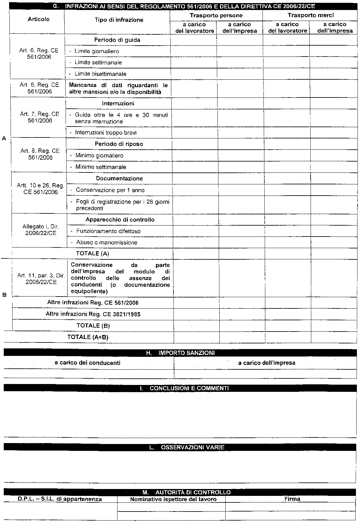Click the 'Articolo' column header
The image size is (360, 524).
click(x=38, y=19)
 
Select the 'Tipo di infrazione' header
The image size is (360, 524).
click(x=119, y=20)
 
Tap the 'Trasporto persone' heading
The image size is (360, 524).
click(x=216, y=15)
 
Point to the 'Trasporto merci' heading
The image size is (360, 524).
click(x=311, y=15)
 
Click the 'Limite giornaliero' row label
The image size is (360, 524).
click(x=97, y=51)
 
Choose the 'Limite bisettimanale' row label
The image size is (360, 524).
click(x=100, y=74)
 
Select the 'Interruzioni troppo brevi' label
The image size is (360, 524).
click(x=106, y=133)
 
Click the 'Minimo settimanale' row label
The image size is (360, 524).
click(x=101, y=167)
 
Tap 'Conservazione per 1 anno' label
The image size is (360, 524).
click(x=110, y=190)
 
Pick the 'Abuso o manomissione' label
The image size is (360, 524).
click(x=107, y=242)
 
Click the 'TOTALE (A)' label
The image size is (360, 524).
click(x=92, y=253)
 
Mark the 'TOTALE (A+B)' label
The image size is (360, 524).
click(x=88, y=337)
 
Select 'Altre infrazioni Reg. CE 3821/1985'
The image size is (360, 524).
click(x=93, y=314)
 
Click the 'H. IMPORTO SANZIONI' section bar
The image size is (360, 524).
click(x=180, y=353)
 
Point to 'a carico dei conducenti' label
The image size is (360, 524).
click(x=87, y=363)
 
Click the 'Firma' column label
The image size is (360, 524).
click(x=292, y=499)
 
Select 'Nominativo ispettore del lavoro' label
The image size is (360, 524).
click(x=173, y=499)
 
